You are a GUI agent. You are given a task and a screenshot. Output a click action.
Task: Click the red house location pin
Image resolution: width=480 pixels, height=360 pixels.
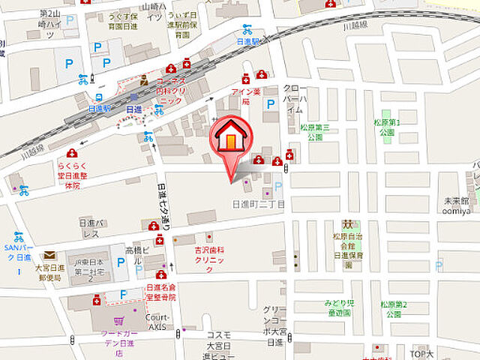233,139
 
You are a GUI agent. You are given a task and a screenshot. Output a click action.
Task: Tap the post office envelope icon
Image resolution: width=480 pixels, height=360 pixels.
49,256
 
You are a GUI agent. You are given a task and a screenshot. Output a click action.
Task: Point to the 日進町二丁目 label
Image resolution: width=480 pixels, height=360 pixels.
259,204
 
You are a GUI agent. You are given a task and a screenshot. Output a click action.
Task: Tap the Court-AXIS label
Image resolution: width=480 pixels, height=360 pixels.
157,321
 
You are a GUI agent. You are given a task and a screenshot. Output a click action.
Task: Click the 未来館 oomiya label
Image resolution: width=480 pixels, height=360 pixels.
455,205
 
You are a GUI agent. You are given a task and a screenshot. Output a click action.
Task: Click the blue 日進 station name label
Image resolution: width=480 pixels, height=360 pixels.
133,109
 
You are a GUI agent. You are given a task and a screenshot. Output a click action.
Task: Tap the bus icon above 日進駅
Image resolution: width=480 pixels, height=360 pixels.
99,96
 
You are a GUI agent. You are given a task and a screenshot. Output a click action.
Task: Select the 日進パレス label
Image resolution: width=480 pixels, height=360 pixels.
89,228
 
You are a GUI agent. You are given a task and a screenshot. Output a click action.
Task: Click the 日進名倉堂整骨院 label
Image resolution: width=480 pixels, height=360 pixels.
161,292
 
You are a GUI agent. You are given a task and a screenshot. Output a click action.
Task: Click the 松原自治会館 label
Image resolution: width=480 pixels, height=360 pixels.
348,250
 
